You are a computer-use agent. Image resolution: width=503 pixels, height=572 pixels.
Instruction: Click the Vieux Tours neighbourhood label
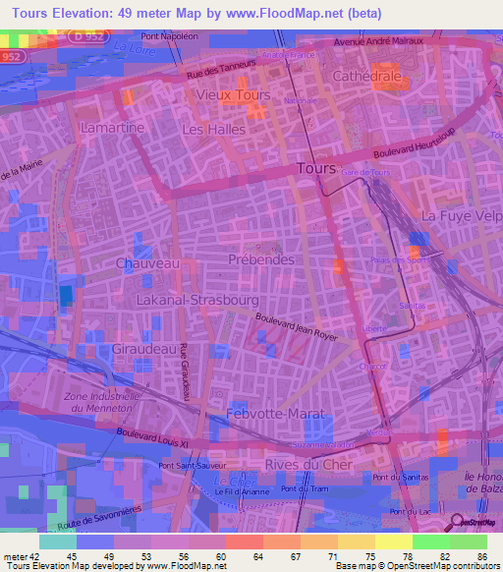tap(233, 95)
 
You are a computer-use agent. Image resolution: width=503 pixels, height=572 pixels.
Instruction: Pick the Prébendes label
tap(260, 259)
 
